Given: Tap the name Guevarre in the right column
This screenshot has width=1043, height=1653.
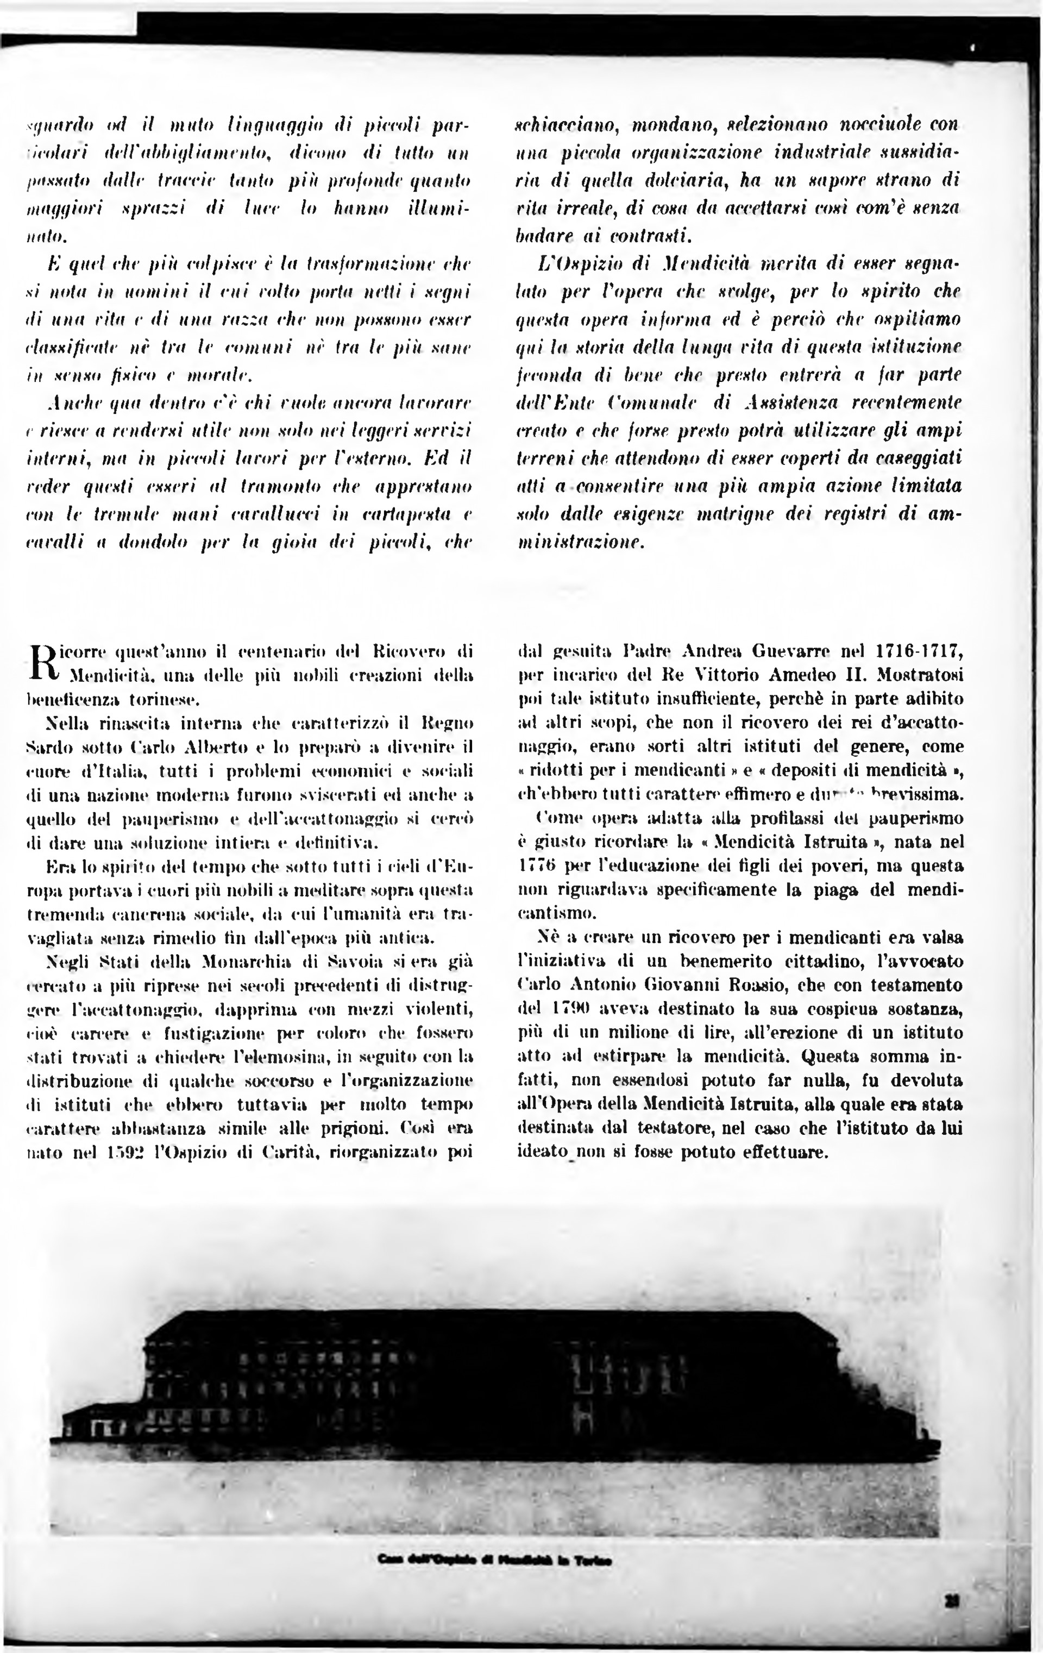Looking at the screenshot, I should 770,649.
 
